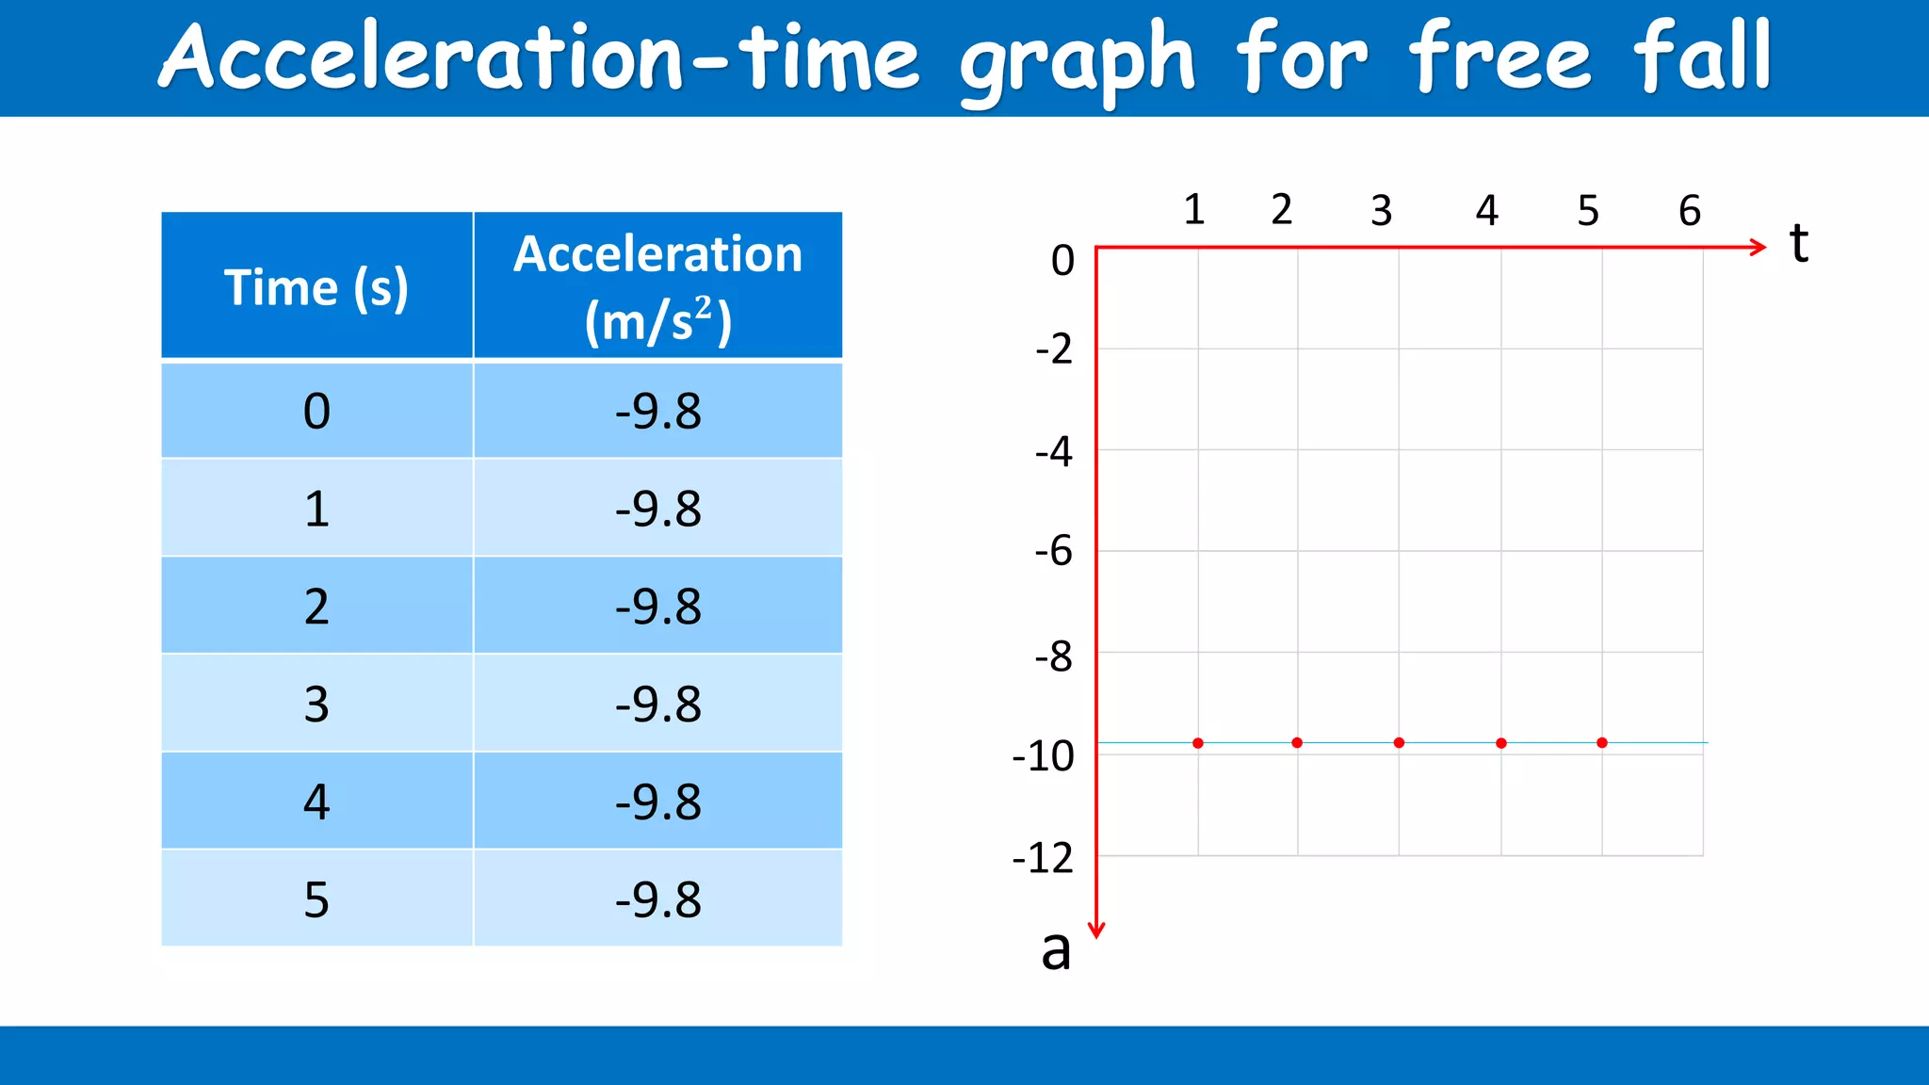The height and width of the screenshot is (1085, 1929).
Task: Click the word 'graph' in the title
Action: pos(1077,62)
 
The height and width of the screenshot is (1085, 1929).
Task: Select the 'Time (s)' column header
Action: pos(316,286)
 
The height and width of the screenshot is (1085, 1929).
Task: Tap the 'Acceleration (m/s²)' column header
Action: pos(657,286)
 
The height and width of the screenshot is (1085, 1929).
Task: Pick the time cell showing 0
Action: pos(316,412)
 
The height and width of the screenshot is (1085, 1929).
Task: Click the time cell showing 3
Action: pos(316,704)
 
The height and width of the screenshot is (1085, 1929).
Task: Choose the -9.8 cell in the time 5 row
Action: pos(657,899)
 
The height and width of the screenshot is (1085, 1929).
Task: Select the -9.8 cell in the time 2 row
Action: pos(657,607)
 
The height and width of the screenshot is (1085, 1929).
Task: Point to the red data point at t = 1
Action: pos(1198,743)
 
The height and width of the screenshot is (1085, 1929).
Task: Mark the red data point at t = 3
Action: pos(1399,743)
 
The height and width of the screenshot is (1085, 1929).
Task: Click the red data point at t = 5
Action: pos(1602,743)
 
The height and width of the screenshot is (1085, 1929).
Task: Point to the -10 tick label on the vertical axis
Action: pos(1043,756)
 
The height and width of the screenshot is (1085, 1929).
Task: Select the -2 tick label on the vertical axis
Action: pos(1054,349)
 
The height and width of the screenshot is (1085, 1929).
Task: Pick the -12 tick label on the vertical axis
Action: pos(1043,859)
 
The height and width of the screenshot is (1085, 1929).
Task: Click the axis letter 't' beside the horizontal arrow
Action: pos(1799,243)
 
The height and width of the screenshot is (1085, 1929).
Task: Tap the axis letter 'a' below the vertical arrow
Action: pos(1056,949)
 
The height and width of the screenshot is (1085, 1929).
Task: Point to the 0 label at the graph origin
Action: pos(1062,260)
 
